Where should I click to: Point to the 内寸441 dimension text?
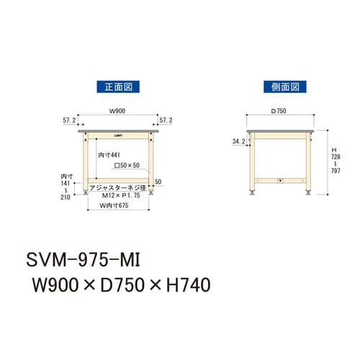click(109, 153)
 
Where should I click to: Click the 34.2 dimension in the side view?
click(238, 142)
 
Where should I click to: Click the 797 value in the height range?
click(335, 171)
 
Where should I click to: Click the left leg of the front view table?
click(84, 162)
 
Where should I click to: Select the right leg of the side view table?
click(307, 162)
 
